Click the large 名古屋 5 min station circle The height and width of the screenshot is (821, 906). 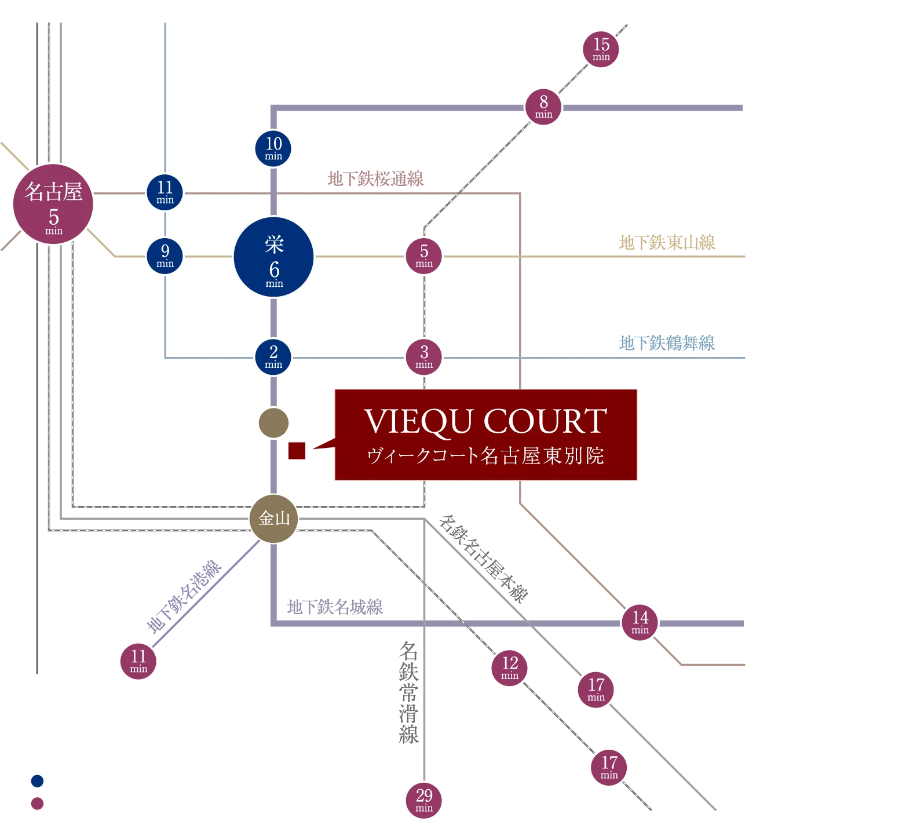pyautogui.click(x=53, y=205)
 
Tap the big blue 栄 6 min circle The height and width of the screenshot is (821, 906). pyautogui.click(x=274, y=257)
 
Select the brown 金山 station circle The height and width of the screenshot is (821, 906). pyautogui.click(x=274, y=519)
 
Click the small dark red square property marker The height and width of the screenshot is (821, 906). pyautogui.click(x=297, y=451)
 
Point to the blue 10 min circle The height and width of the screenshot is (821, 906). pyautogui.click(x=273, y=148)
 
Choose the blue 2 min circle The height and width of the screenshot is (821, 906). pyautogui.click(x=273, y=357)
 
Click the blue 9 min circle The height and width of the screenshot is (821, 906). pyautogui.click(x=165, y=256)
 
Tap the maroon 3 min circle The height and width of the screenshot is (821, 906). pyautogui.click(x=424, y=356)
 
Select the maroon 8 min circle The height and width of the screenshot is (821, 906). pyautogui.click(x=543, y=107)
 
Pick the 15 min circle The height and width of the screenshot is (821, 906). pyautogui.click(x=601, y=49)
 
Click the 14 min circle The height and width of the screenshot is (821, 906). pyautogui.click(x=640, y=622)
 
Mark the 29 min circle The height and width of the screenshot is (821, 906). pyautogui.click(x=424, y=800)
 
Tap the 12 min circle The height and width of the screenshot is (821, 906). pyautogui.click(x=510, y=667)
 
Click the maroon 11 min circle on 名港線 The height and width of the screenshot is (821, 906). pyautogui.click(x=138, y=661)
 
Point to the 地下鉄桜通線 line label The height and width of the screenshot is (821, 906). pyautogui.click(x=376, y=179)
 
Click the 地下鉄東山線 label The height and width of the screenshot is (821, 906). pyautogui.click(x=667, y=242)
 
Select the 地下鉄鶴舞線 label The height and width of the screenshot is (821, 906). pyautogui.click(x=667, y=343)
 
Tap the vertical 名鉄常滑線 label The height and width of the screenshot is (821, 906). pyautogui.click(x=409, y=692)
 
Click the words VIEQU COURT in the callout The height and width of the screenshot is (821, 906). pyautogui.click(x=486, y=421)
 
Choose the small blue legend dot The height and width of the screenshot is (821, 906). pyautogui.click(x=37, y=781)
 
